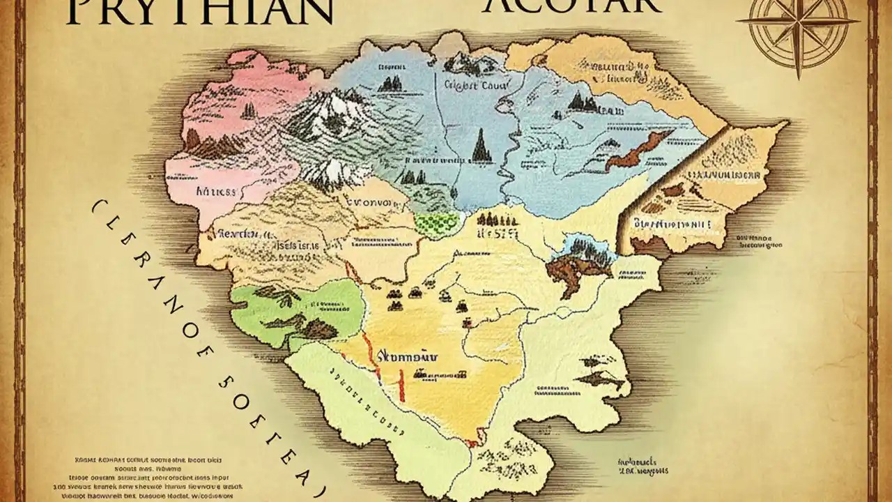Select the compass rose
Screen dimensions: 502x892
798,28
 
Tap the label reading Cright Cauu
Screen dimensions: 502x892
477,86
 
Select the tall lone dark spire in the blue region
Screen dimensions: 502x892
480,146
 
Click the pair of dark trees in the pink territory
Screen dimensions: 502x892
248,110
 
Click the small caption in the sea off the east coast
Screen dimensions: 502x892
759,241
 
